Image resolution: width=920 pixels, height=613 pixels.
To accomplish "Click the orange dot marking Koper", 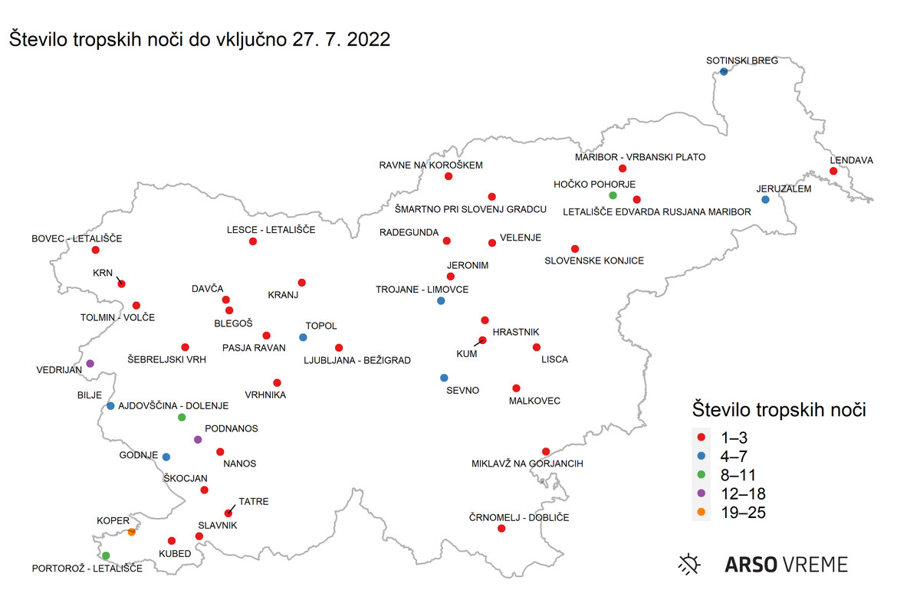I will (132, 532).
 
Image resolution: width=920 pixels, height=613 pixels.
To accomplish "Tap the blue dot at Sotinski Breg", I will (724, 72).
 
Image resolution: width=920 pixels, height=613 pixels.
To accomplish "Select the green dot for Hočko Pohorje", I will (613, 195).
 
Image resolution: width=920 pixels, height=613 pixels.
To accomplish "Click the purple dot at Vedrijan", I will (90, 363).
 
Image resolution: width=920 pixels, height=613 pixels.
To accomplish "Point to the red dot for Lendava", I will (833, 171).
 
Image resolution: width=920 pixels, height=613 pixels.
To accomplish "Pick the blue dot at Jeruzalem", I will (765, 200).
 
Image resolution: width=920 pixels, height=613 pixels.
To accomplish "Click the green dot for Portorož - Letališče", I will (106, 556).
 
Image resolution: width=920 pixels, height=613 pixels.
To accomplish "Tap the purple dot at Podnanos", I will (198, 440).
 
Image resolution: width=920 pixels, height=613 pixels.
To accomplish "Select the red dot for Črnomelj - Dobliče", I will (501, 529).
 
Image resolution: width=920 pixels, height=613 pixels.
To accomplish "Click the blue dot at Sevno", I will (444, 378).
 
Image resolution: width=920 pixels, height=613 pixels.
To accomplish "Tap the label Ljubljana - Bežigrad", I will (357, 360).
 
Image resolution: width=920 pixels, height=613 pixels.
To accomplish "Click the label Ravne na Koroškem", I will (432, 165).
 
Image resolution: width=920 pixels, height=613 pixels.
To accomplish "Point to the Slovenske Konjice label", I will (594, 261).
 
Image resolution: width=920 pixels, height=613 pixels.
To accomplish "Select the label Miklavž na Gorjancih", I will (527, 464).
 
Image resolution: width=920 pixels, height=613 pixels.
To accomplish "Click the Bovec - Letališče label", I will (77, 238).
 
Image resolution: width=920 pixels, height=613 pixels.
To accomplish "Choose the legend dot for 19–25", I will (701, 513).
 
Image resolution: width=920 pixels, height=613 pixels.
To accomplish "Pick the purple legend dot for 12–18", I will (701, 493).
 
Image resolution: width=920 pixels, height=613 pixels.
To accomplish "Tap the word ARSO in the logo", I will (749, 565).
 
